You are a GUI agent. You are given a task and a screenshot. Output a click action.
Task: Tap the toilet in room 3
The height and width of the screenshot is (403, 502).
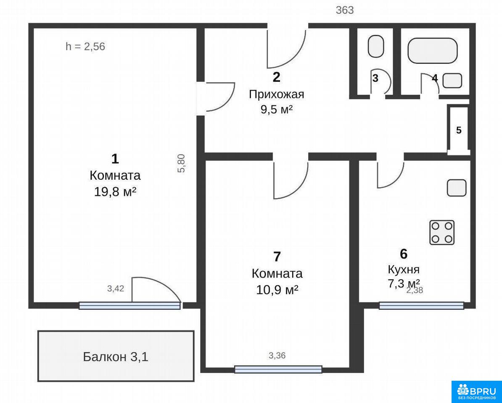[376, 46]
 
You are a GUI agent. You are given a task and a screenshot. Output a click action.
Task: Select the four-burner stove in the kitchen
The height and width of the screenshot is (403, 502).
[442, 232]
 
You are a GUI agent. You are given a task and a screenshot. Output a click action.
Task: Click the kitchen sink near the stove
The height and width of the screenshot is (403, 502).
[457, 188]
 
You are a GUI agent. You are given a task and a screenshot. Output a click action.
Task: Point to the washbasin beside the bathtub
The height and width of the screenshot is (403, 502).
[452, 80]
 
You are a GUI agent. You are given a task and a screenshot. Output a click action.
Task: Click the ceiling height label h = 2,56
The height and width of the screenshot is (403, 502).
[85, 47]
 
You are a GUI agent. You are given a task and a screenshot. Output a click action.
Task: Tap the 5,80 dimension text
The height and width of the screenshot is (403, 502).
[181, 163]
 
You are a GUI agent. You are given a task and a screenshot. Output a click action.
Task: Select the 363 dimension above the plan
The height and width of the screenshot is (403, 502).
[345, 10]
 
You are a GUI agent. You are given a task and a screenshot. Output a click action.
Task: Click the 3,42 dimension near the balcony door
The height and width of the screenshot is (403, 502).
[116, 288]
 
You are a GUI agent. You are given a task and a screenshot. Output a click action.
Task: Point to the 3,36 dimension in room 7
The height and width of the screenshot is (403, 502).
[277, 356]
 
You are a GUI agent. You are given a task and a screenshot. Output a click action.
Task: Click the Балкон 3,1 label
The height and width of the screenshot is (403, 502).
[116, 357]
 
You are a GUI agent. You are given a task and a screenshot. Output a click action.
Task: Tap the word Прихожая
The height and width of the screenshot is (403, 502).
[277, 94]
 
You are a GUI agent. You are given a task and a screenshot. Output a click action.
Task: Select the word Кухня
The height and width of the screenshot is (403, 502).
[404, 270]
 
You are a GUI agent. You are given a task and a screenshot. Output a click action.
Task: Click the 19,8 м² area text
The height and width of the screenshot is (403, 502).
[115, 192]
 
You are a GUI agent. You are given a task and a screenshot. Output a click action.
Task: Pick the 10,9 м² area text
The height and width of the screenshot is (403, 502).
[277, 290]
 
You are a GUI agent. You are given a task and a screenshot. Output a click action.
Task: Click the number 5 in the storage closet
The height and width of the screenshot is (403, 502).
[459, 131]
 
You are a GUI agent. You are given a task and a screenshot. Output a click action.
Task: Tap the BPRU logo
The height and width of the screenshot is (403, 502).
[477, 392]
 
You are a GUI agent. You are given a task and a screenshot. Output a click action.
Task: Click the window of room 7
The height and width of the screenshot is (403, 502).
[278, 369]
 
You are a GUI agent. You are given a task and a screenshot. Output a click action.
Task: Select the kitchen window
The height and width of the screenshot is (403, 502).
[422, 306]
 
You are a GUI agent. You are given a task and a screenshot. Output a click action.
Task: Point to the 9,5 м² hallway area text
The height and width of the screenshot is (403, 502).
[277, 110]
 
